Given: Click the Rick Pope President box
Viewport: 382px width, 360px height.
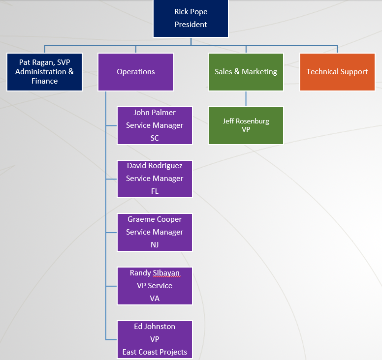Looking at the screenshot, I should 191,18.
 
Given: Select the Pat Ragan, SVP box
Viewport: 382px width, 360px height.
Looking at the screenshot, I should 44,72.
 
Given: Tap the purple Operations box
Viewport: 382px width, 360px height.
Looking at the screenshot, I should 136,72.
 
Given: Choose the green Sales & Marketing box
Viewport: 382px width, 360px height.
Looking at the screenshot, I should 246,72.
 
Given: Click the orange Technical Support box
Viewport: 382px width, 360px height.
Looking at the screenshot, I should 337,72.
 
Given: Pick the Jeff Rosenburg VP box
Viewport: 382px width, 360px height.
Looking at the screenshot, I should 246,125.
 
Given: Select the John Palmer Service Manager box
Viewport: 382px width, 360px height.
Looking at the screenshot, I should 155,125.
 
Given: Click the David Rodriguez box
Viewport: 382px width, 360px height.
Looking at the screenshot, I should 155,179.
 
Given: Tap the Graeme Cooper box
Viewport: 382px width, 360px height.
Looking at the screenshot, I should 155,232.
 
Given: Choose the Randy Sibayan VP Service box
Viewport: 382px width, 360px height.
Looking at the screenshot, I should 155,286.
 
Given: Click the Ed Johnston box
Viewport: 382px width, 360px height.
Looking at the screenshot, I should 155,339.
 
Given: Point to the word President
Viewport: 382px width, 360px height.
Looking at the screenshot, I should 191,25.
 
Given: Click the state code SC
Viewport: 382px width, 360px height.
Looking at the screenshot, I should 155,138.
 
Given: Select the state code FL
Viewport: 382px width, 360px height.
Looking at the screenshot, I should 155,191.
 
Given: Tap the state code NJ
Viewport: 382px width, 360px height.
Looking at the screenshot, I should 155,245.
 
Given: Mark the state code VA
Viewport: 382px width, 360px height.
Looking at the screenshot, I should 155,299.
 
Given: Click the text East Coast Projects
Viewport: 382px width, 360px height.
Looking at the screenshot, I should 155,352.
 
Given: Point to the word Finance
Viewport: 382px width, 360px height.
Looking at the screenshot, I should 44,81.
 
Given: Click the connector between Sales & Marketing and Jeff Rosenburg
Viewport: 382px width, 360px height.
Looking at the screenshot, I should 246,99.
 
